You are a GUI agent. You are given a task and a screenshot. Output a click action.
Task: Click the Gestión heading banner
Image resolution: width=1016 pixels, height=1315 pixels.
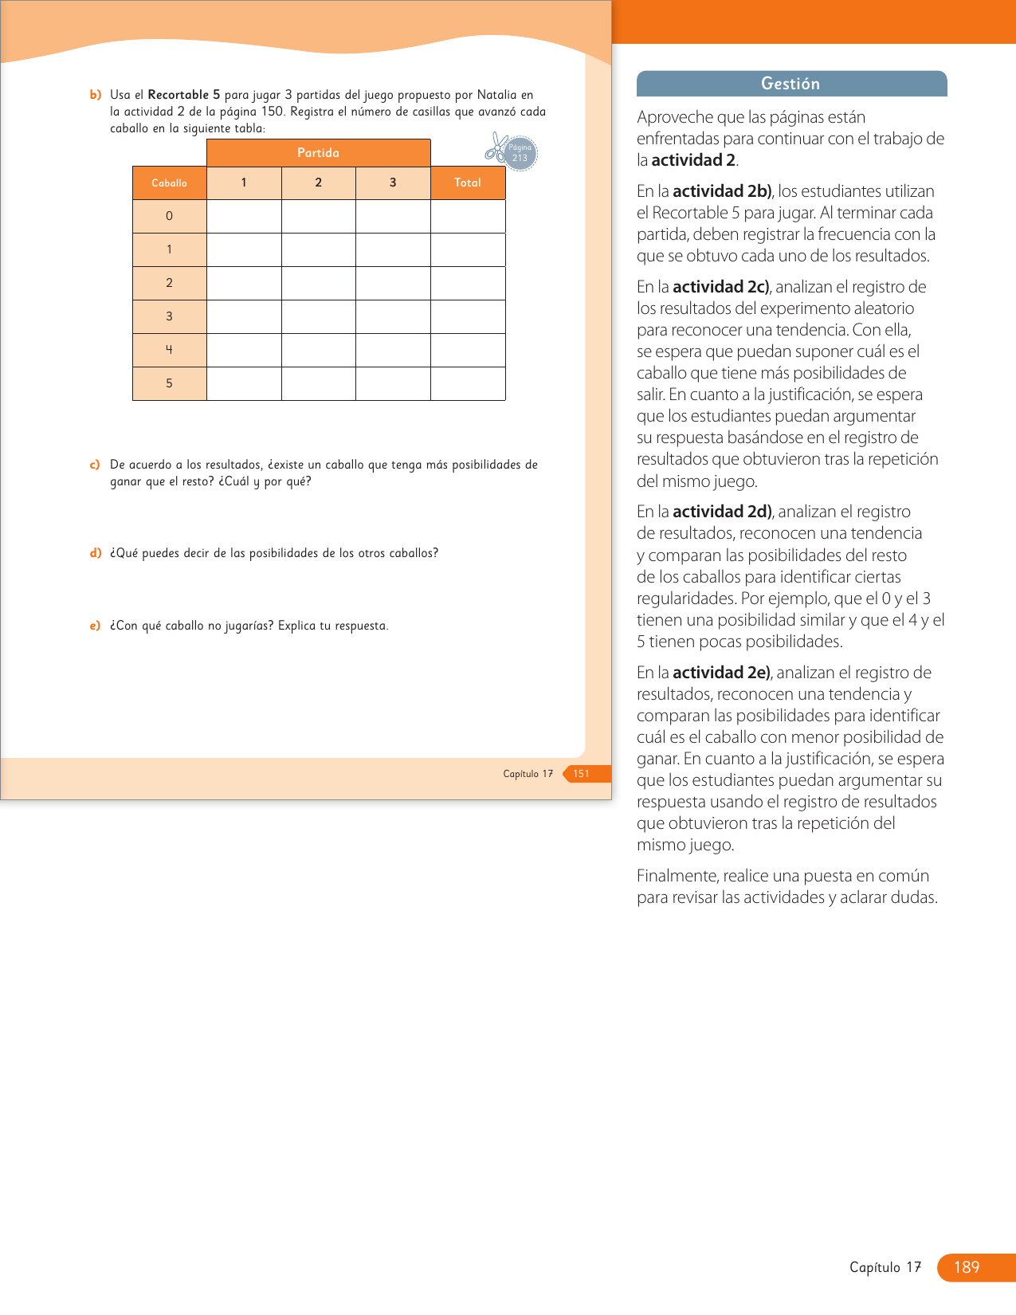(791, 84)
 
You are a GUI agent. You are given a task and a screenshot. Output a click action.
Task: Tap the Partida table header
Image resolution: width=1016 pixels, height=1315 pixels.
(319, 153)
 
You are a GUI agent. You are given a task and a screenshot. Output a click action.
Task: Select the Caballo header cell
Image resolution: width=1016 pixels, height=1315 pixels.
(170, 183)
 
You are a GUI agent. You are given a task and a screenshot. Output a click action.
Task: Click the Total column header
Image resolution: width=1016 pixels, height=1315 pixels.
(468, 183)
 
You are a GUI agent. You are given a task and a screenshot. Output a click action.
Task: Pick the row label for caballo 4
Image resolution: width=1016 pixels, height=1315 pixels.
(170, 350)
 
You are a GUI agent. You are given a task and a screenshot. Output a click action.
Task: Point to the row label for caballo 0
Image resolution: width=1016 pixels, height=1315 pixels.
(170, 216)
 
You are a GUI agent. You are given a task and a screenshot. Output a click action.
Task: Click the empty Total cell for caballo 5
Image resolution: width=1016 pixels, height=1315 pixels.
(468, 383)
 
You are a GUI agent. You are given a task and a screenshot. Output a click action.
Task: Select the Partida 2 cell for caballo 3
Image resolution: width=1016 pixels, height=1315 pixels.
(319, 316)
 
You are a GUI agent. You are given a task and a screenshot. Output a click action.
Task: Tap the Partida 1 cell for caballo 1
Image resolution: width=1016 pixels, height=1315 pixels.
(244, 249)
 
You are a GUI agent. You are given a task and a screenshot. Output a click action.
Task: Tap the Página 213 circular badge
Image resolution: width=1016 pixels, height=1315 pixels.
(520, 153)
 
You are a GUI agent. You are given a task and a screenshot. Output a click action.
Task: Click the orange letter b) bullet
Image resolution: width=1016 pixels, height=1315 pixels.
(96, 95)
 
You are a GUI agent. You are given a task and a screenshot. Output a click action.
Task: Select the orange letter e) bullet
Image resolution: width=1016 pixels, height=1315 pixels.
(96, 626)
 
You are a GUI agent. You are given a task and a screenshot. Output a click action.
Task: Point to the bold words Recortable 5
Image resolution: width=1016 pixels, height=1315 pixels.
(183, 95)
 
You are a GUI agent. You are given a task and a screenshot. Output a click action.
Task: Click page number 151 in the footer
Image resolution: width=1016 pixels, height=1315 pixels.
(582, 774)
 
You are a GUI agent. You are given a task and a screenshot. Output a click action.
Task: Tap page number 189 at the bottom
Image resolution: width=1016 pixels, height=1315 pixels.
(967, 1267)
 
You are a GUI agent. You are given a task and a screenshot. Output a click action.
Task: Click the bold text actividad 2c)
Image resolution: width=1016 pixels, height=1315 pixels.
(721, 287)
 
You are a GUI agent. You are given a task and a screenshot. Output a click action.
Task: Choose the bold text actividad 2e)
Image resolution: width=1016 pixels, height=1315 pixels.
(722, 673)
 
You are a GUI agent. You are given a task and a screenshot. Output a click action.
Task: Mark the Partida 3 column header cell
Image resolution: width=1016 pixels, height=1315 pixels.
(393, 183)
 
